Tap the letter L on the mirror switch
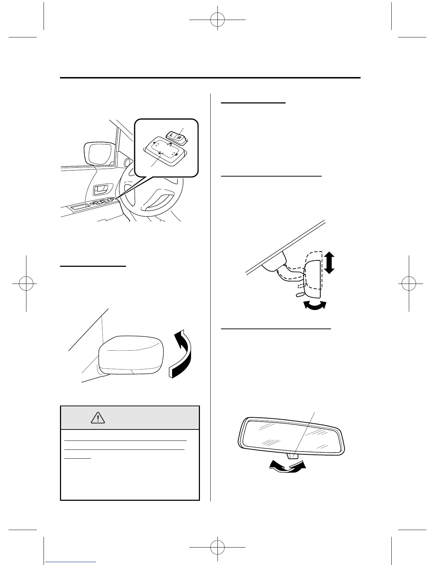[172, 136]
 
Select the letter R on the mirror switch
[180, 137]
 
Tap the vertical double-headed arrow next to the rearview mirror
[329, 262]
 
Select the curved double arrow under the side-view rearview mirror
[315, 305]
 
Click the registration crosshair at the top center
[217, 21]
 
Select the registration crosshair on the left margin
[26, 284]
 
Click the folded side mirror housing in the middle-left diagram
[131, 355]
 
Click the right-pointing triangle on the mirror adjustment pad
[177, 154]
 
